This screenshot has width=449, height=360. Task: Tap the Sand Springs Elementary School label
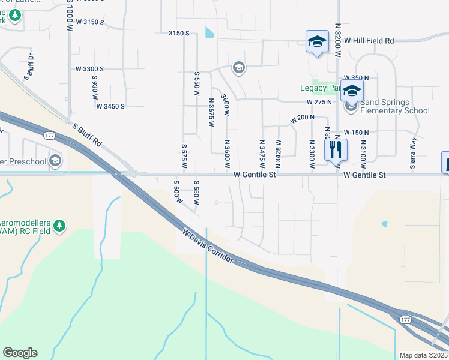(394, 106)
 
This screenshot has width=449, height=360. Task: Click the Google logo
(20, 353)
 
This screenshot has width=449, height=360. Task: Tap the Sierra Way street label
(413, 148)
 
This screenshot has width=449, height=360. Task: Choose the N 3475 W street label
(262, 154)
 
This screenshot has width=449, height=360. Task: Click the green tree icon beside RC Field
(59, 225)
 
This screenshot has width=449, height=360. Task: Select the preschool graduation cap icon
(55, 160)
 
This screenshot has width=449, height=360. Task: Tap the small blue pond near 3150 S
(209, 32)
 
